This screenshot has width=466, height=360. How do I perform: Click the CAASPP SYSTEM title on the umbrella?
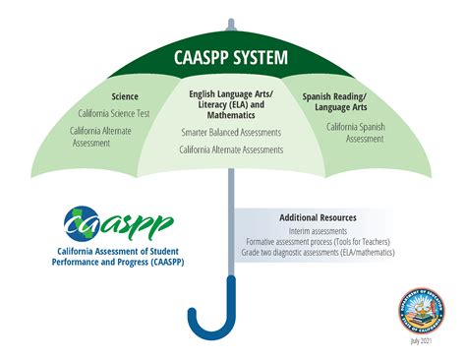tap(232, 58)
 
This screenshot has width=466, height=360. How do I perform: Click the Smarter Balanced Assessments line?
tap(231, 131)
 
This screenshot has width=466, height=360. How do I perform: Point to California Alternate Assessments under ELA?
tap(231, 150)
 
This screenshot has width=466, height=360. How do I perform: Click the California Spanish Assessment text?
tap(355, 133)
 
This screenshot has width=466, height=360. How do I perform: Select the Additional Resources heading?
tap(318, 216)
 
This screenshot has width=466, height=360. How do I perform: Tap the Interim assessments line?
tap(318, 231)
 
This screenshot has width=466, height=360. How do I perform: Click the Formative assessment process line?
tap(318, 242)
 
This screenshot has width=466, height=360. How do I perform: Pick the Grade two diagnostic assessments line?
tap(318, 253)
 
